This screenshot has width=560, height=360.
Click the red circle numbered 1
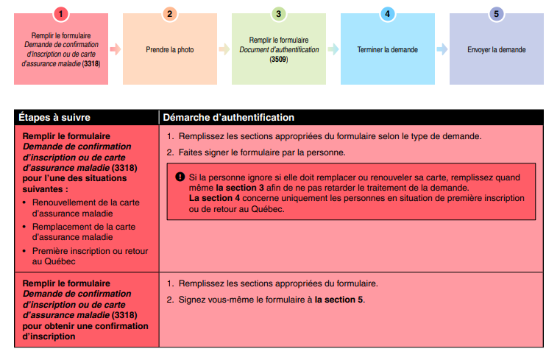pos(61,13)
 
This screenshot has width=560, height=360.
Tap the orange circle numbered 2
pos(170,13)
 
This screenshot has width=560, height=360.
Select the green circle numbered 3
pos(278,13)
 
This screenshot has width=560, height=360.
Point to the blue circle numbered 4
pos(387,13)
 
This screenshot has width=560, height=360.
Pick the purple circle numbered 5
pos(496,13)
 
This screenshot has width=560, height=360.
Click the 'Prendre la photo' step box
pos(170,49)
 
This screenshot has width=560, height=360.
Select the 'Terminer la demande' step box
pos(387,49)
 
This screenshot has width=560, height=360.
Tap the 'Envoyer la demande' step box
pos(496,49)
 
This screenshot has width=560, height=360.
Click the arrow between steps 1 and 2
pos(115,49)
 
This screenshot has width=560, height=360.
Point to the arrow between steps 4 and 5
pos(442,49)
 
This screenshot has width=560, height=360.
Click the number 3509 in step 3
pos(278,59)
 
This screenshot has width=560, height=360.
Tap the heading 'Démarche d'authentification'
pos(228,117)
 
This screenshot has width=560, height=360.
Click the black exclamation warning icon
pos(180,177)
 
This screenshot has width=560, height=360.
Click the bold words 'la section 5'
pos(339,300)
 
